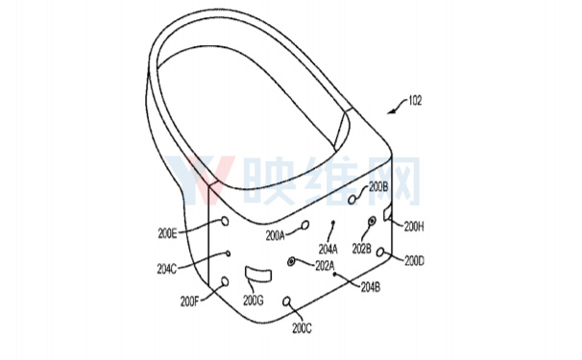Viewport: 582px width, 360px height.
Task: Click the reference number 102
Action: [x=415, y=100]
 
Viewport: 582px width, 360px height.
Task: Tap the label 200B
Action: [x=378, y=187]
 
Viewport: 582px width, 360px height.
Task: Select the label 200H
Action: [x=414, y=227]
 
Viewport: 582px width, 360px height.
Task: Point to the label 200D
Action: [x=414, y=261]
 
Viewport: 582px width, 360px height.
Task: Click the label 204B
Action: [x=371, y=287]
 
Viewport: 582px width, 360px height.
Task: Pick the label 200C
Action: [x=303, y=328]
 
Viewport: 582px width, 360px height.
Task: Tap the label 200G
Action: [x=254, y=300]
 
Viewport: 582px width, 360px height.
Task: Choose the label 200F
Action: [x=190, y=301]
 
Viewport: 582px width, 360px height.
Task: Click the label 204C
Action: [x=167, y=269]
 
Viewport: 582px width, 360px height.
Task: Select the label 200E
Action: [x=167, y=234]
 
